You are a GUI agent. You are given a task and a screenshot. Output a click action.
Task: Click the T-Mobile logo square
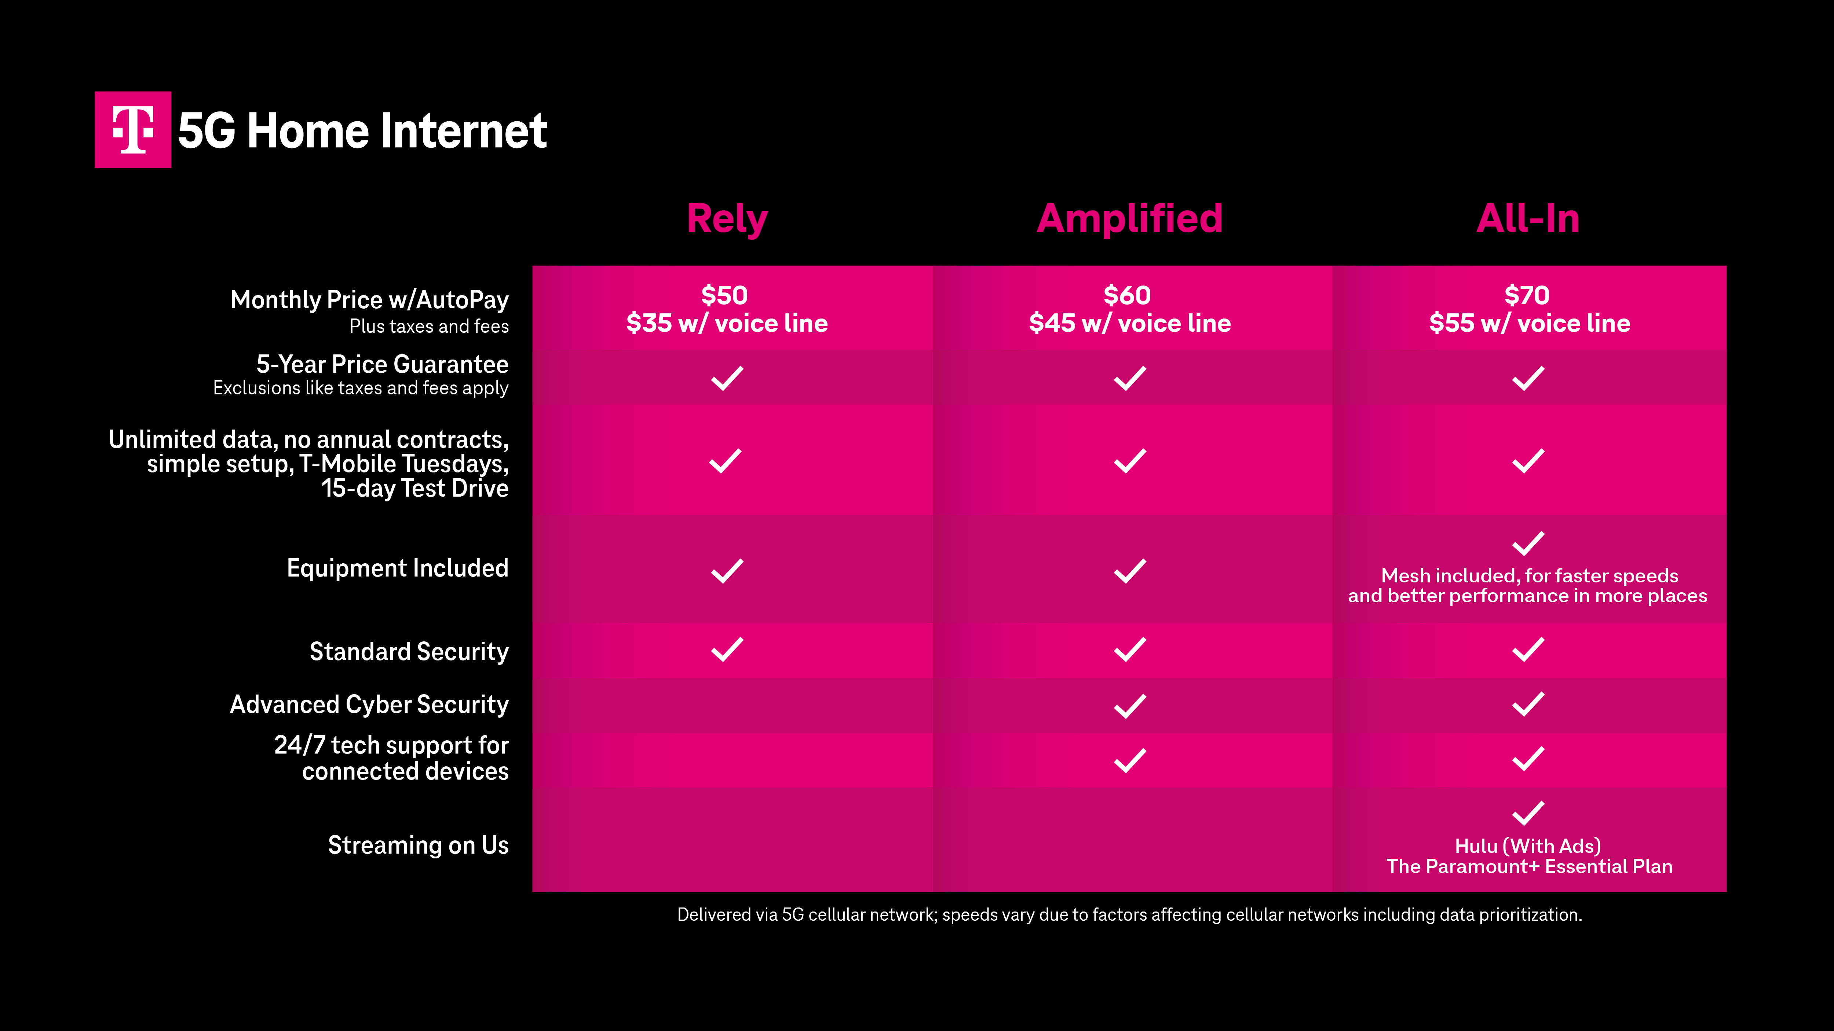(133, 129)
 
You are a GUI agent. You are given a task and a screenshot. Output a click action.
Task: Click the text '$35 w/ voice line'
(727, 323)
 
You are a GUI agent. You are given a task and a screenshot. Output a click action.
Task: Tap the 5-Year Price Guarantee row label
(382, 364)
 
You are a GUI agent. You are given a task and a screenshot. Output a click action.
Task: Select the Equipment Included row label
(397, 568)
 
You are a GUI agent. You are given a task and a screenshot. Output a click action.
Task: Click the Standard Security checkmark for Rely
(727, 649)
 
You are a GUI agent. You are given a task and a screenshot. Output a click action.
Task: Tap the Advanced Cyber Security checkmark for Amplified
(1130, 706)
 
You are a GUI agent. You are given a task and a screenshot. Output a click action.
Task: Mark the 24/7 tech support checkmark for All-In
(1528, 758)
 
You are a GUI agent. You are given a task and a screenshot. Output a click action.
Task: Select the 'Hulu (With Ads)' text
(1528, 846)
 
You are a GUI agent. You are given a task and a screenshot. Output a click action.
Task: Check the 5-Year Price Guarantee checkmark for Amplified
(1130, 378)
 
